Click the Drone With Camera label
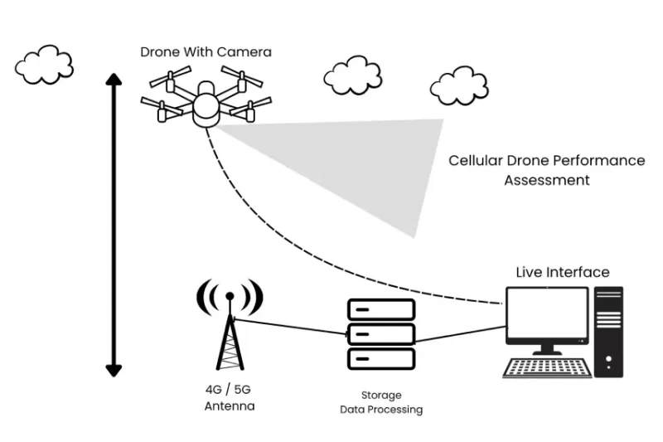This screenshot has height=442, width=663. click(x=206, y=52)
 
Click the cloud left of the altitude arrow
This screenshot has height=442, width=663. click(x=44, y=65)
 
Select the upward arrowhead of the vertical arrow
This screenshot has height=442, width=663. click(x=114, y=80)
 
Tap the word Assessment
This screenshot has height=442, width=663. click(x=547, y=180)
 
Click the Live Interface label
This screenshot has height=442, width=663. click(x=563, y=272)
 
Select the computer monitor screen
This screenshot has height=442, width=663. click(x=547, y=315)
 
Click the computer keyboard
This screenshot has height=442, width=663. click(x=547, y=367)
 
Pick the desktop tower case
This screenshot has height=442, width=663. click(x=608, y=329)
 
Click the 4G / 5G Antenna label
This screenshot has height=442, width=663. click(x=230, y=399)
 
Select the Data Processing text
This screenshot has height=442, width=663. click(x=381, y=410)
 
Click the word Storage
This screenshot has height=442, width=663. click(x=381, y=396)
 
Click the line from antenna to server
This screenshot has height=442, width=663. click(x=290, y=327)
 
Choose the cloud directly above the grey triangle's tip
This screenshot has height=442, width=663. click(x=458, y=85)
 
